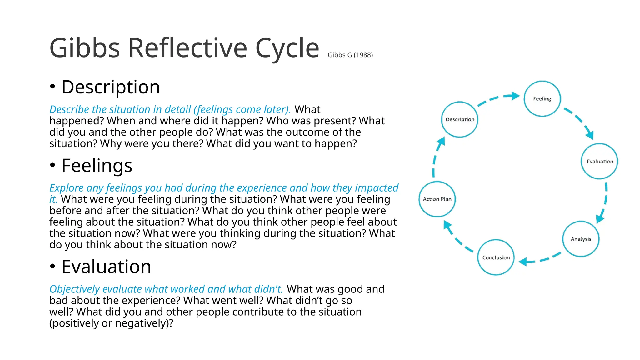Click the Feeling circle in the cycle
[x=542, y=99]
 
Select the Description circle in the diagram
[x=460, y=119]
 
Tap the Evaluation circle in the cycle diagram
[x=599, y=161]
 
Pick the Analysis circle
[x=581, y=239]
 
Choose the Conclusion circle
[x=496, y=257]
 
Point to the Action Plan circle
[x=437, y=199]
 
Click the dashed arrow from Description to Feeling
[x=499, y=98]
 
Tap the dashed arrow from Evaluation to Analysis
[x=604, y=202]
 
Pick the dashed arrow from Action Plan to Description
[x=436, y=156]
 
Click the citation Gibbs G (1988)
[x=350, y=55]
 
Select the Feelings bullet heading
[x=97, y=165]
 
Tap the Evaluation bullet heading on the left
[x=106, y=267]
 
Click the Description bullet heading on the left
[x=111, y=87]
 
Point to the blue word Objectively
[x=74, y=289]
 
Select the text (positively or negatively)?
[x=111, y=323]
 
